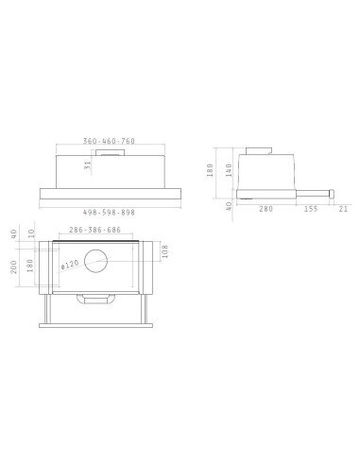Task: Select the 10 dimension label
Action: pyautogui.click(x=31, y=232)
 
